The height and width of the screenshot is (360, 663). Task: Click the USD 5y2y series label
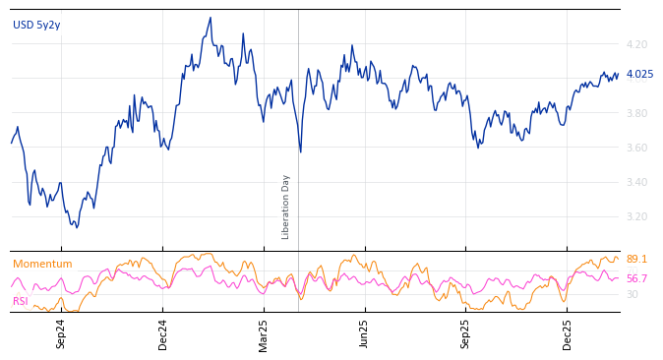(36, 26)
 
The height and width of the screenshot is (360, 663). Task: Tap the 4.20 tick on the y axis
(636, 44)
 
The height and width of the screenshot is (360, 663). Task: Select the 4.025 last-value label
(639, 74)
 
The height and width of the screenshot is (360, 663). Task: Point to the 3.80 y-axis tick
(636, 113)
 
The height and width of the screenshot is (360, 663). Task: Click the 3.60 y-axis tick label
(636, 148)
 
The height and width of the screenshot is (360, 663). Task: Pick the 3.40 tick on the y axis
(636, 182)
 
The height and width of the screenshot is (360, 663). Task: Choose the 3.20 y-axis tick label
(636, 216)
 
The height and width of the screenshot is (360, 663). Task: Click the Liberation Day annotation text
(286, 207)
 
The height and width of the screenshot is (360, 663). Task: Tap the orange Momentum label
(42, 265)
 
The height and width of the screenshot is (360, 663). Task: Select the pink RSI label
(21, 301)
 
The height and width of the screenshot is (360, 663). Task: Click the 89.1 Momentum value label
(636, 260)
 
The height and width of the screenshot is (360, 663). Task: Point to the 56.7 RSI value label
(636, 278)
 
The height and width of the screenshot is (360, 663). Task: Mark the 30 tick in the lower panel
(632, 294)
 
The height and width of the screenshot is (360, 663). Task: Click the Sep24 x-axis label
(61, 333)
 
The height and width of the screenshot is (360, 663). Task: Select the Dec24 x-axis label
(163, 333)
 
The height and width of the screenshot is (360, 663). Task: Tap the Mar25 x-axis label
(264, 333)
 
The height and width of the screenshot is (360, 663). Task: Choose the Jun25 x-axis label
(365, 333)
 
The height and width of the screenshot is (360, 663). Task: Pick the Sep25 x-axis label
(466, 333)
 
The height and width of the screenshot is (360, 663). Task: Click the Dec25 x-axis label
(568, 333)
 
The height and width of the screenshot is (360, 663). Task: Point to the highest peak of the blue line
(211, 18)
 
